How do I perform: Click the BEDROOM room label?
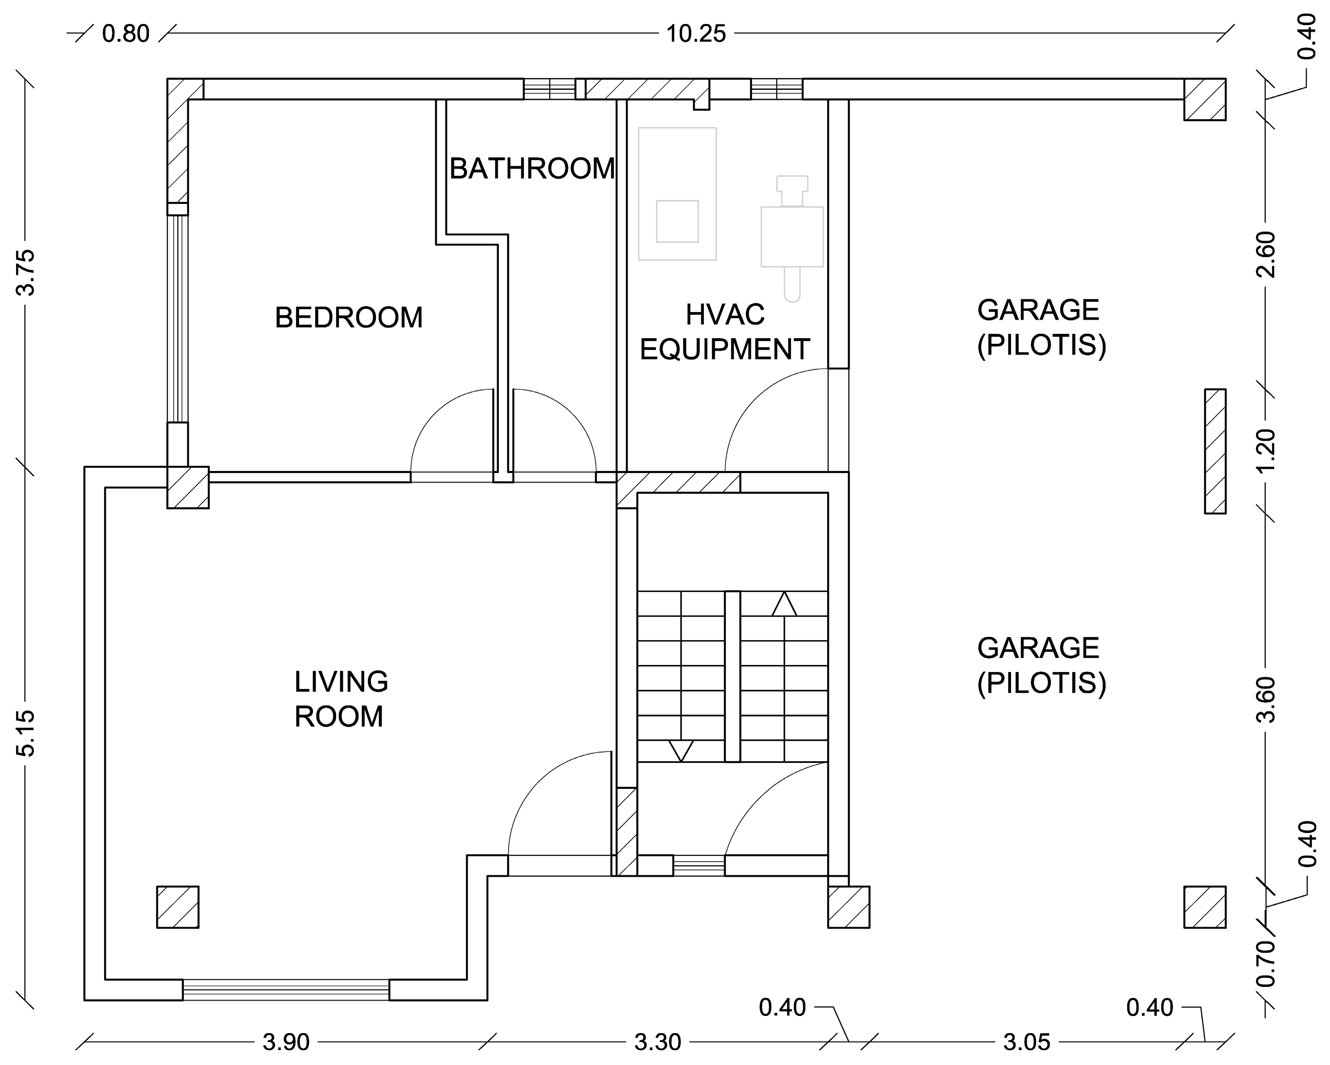tap(349, 317)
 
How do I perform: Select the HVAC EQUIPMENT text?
tap(725, 332)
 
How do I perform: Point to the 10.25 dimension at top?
tap(696, 33)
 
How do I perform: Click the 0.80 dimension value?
tap(126, 33)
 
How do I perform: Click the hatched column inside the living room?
tap(178, 907)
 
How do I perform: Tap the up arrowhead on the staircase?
tap(784, 604)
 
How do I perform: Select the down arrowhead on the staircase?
tap(681, 750)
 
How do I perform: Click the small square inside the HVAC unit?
tap(677, 221)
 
